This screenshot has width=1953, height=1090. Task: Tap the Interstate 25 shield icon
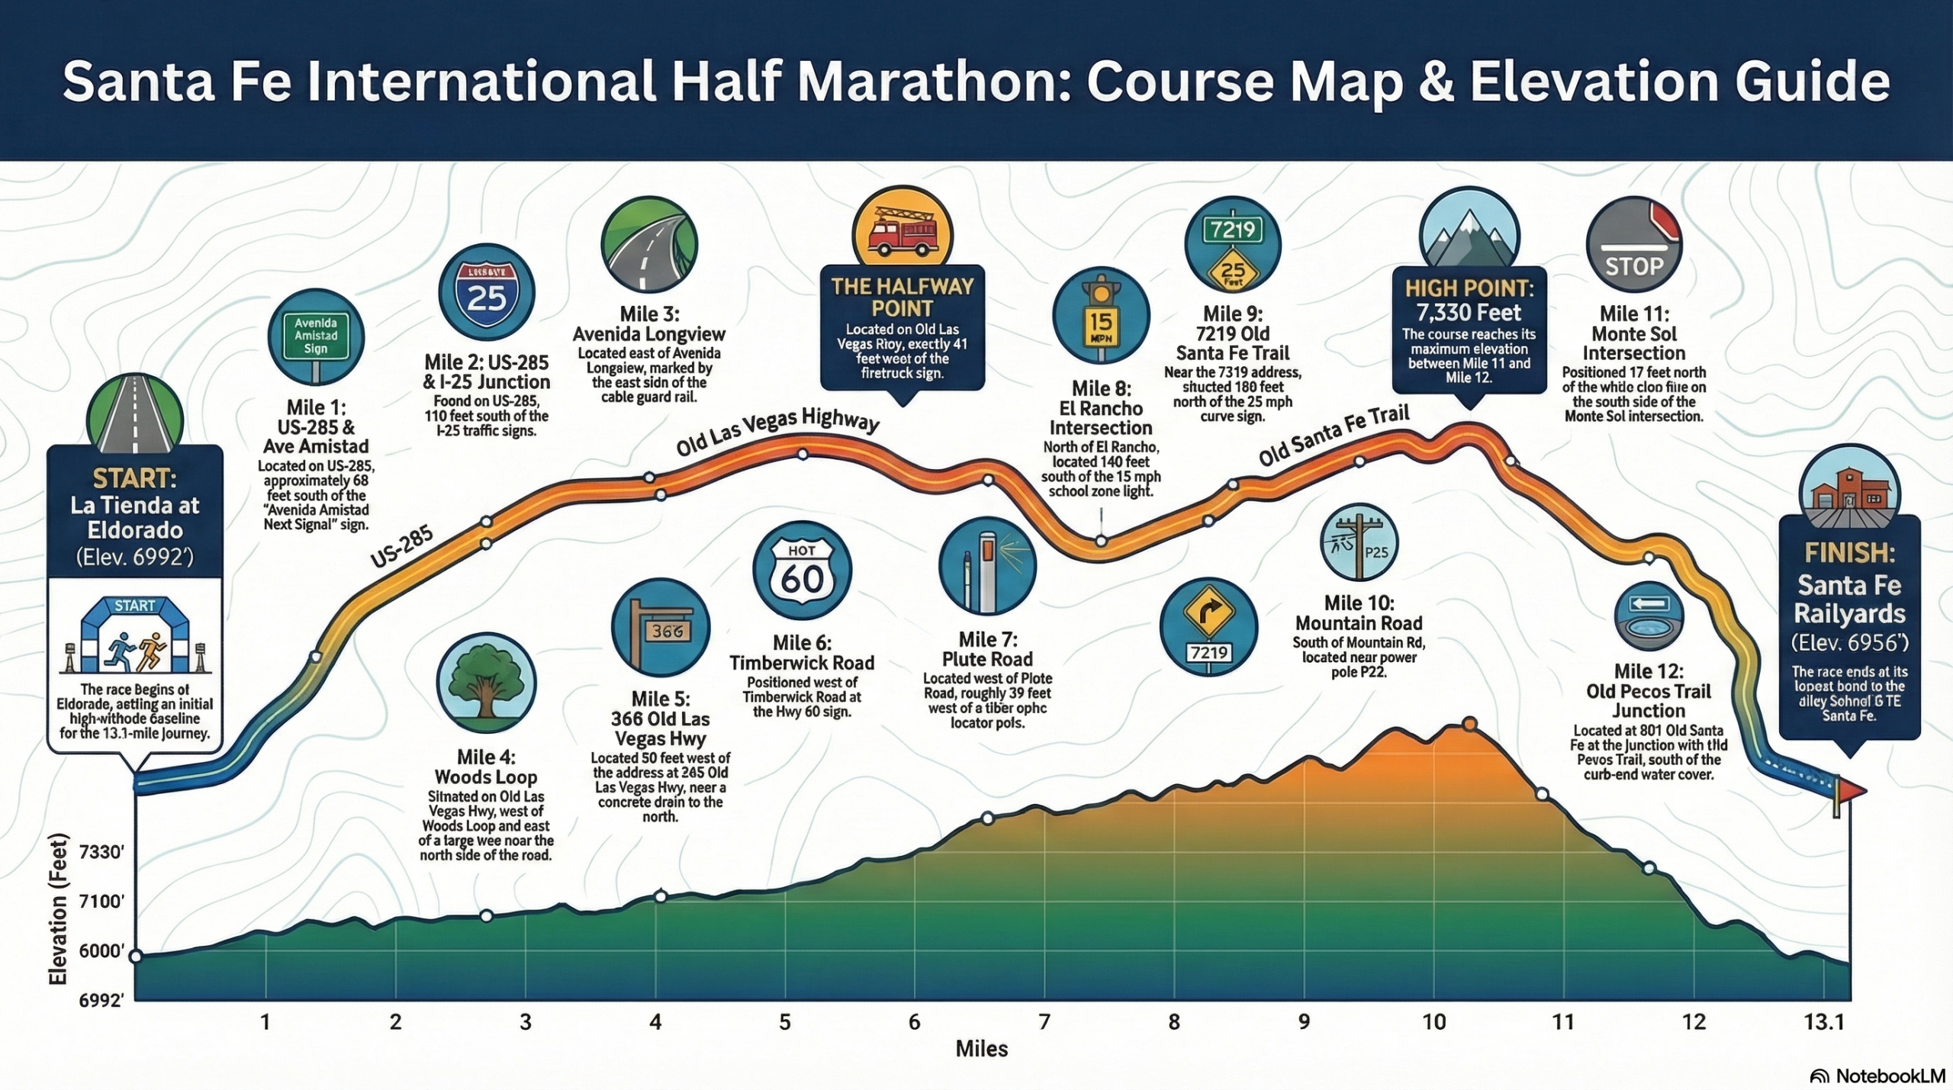(487, 292)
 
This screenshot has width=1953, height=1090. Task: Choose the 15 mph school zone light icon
(1101, 315)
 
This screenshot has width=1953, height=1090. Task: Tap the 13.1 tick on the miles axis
(1824, 1022)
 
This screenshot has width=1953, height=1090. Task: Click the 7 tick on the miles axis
(1044, 1022)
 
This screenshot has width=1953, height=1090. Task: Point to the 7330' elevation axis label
(101, 852)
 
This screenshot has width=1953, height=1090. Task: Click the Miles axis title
(981, 1050)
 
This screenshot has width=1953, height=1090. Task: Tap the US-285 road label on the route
(402, 547)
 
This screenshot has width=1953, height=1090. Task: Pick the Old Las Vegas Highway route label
(777, 432)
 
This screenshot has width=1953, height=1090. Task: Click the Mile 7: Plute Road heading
(987, 649)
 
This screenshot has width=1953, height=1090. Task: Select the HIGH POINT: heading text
(1469, 288)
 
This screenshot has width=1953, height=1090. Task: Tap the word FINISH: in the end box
(1849, 552)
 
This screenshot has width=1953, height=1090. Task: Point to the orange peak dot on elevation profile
(1469, 724)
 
